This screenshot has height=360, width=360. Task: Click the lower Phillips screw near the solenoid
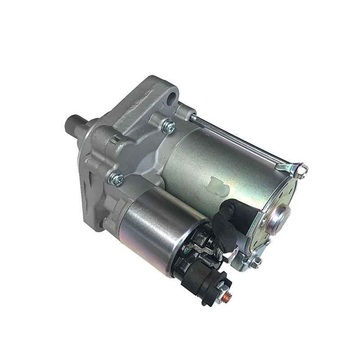pyautogui.click(x=116, y=179)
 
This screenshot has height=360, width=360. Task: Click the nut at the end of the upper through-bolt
pyautogui.click(x=302, y=170)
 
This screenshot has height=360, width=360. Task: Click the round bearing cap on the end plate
pyautogui.click(x=280, y=215)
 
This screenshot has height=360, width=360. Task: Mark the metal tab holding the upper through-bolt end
pyautogui.click(x=288, y=168)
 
